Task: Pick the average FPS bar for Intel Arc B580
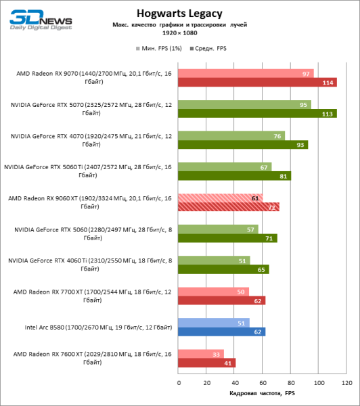[221, 332]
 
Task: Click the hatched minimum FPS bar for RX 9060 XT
[220, 198]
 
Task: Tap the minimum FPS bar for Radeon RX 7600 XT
[201, 353]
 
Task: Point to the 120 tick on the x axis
[346, 383]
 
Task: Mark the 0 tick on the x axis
[179, 383]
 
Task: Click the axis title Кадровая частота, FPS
[262, 393]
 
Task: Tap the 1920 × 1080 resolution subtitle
[179, 32]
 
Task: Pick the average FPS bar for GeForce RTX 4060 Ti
[223, 269]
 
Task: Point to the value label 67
[264, 167]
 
